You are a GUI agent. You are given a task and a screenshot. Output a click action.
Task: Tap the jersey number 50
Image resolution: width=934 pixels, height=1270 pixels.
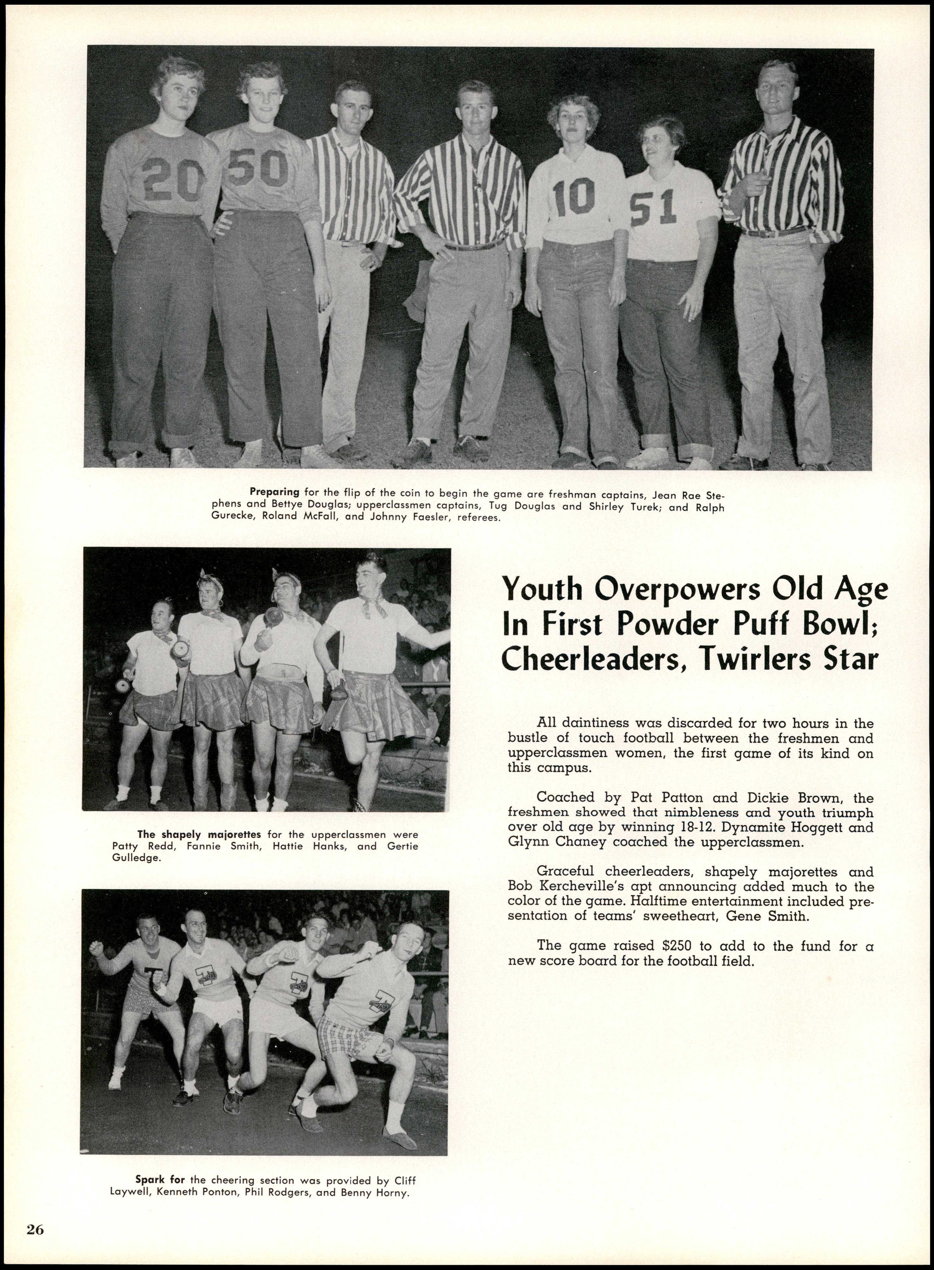point(258,167)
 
